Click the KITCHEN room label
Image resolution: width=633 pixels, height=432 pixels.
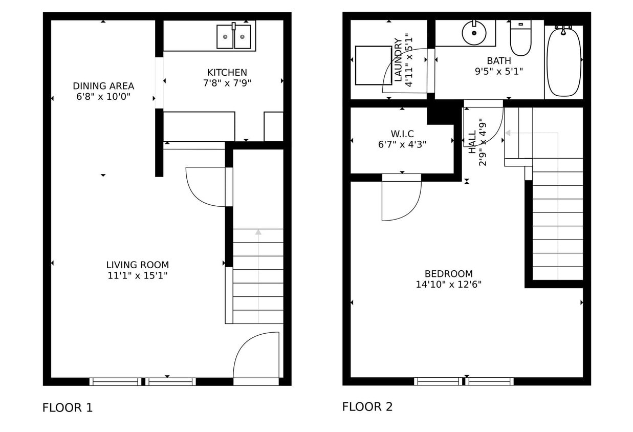coord(227,73)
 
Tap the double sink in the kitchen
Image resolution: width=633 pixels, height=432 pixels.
coord(234,37)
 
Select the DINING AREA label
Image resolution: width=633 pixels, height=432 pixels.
coord(103,86)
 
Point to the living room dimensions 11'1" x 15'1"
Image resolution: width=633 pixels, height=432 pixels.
coord(137,275)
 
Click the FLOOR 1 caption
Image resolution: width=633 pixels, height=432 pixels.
coord(68,408)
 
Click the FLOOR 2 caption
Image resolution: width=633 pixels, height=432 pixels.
coord(367,407)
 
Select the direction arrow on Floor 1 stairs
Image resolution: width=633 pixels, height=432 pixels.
coord(258,232)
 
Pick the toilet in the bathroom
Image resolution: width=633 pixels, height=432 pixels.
coord(520,38)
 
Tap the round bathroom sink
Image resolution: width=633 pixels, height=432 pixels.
coord(474,33)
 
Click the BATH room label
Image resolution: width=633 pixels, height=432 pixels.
coord(498,61)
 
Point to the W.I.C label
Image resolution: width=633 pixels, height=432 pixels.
coord(402,134)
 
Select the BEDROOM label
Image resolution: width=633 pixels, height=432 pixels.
coord(448,274)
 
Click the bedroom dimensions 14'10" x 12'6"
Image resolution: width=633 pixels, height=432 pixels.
coord(448,285)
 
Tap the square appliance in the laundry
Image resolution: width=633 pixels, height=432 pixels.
coord(374,65)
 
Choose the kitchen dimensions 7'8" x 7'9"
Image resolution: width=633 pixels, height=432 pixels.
coord(227,83)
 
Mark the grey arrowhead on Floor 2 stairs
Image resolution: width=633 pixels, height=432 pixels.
coord(508,133)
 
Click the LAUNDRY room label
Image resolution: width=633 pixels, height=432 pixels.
coord(398,60)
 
